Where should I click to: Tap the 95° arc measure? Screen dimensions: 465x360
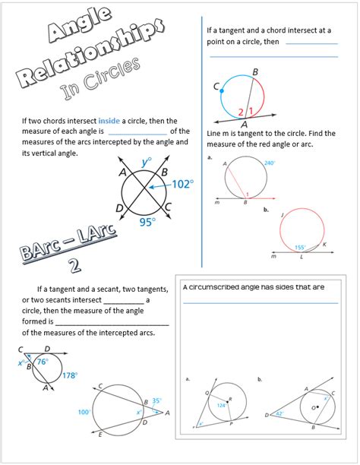tap(147, 222)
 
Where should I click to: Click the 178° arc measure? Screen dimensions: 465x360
tap(70, 375)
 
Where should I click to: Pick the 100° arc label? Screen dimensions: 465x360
tap(84, 412)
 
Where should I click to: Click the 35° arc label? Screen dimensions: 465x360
tap(156, 399)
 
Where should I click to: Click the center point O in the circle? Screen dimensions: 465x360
tap(312, 407)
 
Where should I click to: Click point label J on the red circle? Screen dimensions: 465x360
tap(282, 215)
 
